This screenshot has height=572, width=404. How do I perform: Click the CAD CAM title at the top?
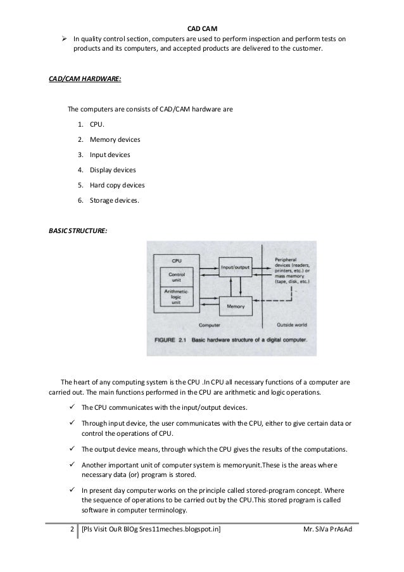coord(202,27)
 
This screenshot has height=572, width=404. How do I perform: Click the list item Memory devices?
coord(115,139)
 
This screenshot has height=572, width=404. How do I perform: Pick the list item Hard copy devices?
coord(117,185)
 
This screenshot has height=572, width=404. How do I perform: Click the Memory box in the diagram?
coord(236,307)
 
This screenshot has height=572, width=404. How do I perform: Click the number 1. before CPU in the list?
coord(80,124)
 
